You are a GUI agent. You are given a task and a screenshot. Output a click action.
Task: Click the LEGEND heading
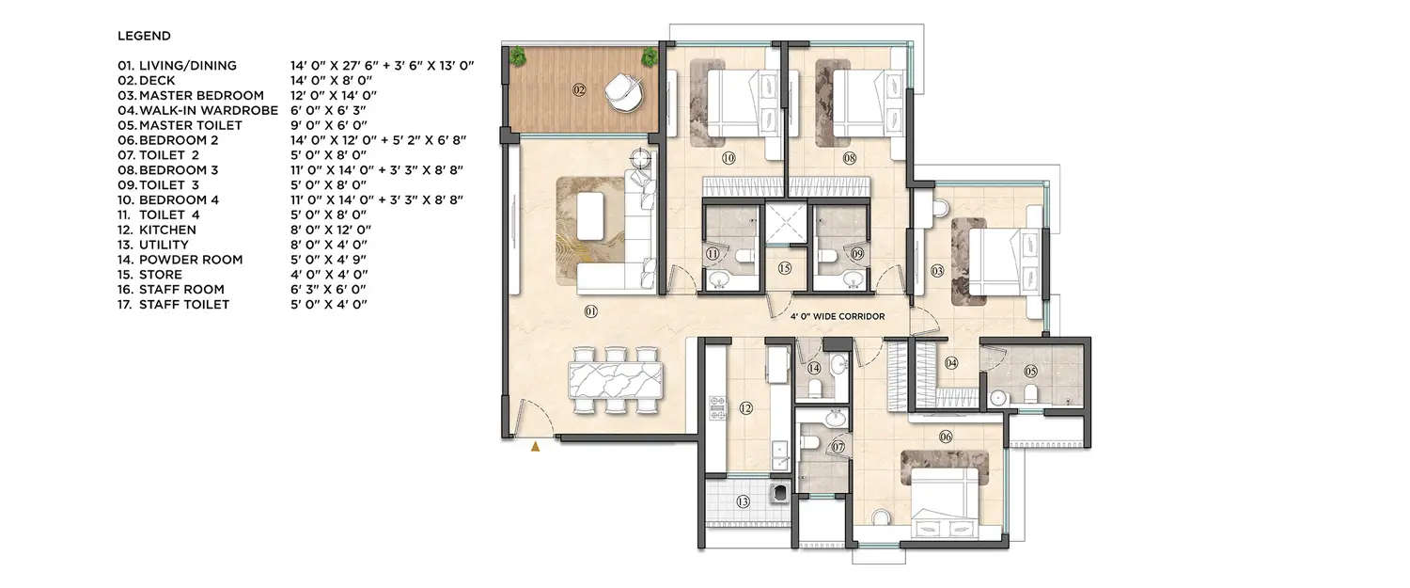pos(144,36)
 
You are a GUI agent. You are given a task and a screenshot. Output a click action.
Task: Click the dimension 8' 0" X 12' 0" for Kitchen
pos(328,230)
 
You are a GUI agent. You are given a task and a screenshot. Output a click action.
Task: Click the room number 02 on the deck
pos(579,90)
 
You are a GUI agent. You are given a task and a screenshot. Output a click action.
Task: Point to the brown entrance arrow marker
pos(536,448)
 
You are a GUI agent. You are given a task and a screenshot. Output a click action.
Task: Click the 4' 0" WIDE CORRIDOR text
pos(837,317)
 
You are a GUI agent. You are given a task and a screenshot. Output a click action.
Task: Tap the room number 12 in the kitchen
pos(744,408)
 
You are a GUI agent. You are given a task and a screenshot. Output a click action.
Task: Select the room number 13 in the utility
pos(743,502)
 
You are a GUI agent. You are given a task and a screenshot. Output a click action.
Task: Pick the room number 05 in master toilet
pos(1031,371)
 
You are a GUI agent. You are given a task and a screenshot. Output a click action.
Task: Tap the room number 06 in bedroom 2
pos(946,436)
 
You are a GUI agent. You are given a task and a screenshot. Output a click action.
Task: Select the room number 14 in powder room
pos(813,368)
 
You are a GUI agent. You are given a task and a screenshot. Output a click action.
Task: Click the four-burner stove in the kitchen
pos(718,408)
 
